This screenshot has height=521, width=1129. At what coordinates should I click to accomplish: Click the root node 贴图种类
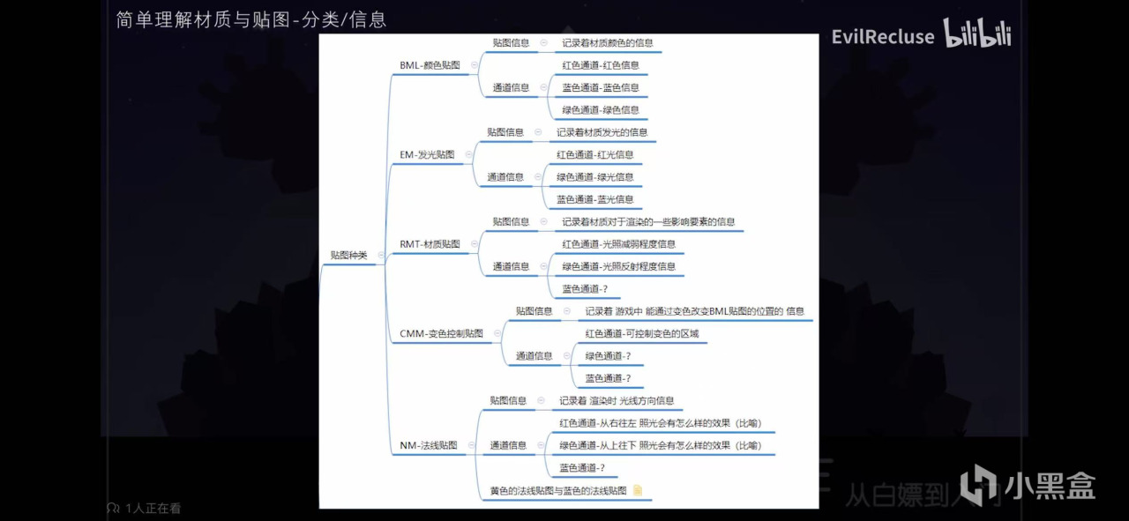348,255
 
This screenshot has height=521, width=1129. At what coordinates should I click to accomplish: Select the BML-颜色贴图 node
430,65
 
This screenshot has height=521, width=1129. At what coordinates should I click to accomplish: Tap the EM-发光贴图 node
427,155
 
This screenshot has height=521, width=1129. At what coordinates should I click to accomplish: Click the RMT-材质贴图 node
430,244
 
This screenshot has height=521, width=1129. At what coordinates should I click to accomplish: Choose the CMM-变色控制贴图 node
441,334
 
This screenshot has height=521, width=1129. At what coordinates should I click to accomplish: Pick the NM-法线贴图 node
428,446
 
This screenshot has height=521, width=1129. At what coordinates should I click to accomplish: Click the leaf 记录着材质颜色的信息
607,42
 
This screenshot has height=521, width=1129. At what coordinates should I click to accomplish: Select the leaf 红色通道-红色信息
600,65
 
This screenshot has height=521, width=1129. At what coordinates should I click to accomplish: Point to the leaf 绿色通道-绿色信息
600,110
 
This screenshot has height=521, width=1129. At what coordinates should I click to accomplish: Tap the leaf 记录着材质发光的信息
602,132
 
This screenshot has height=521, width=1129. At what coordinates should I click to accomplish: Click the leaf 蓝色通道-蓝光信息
594,200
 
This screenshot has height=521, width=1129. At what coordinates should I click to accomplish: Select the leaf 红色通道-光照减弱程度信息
618,244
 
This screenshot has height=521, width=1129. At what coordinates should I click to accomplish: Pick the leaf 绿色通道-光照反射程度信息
618,266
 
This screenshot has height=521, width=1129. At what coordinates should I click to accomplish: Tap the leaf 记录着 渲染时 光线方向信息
616,400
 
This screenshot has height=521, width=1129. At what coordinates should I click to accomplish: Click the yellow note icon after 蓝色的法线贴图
638,491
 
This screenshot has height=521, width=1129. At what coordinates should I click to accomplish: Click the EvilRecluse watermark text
883,37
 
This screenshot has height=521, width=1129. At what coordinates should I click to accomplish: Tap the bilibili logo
977,33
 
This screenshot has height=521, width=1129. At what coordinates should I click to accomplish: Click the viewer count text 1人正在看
152,509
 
